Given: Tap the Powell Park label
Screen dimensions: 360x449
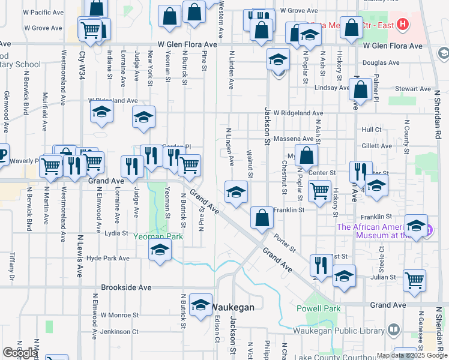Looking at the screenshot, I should click(318, 308).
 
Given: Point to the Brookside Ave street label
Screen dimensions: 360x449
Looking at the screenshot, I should click(126, 287).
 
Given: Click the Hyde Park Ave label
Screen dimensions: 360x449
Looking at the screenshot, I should click(108, 259).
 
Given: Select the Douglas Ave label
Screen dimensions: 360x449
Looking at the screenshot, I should click(381, 62).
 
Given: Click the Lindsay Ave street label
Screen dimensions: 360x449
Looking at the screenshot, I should click(332, 88).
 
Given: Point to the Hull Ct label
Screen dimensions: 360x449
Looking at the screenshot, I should click(372, 129).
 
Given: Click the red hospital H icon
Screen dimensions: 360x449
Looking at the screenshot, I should click(403, 25).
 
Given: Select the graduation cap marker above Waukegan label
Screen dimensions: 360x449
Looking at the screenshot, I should click(200, 305).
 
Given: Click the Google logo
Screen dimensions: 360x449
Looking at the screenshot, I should click(20, 353).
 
